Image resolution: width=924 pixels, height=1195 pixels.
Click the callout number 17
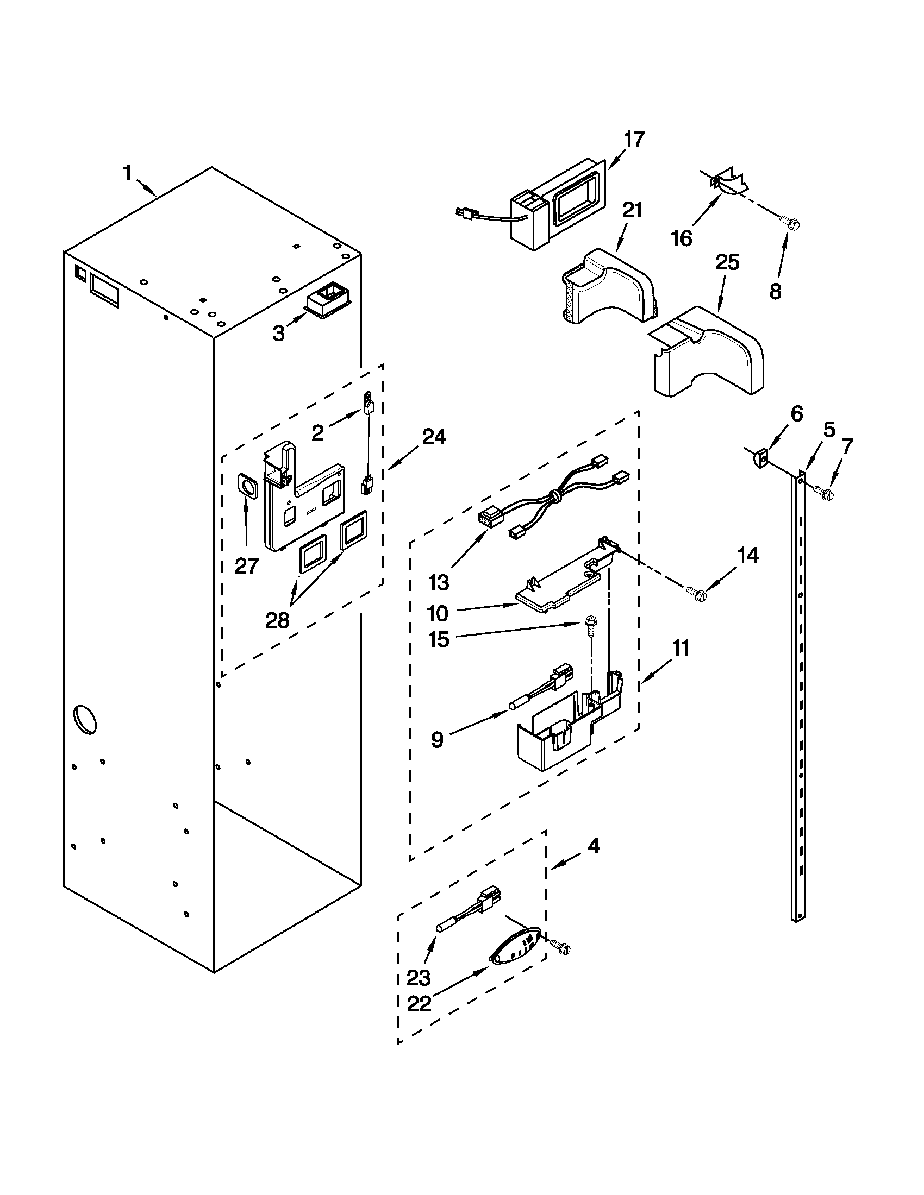pyautogui.click(x=634, y=139)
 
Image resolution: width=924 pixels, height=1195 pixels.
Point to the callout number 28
pyautogui.click(x=277, y=620)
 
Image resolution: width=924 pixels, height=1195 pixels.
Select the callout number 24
pyautogui.click(x=434, y=436)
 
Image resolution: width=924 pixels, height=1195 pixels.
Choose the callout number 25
pyautogui.click(x=727, y=263)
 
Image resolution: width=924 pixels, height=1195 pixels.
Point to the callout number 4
pyautogui.click(x=594, y=846)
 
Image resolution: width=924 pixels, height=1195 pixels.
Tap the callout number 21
pyautogui.click(x=632, y=210)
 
